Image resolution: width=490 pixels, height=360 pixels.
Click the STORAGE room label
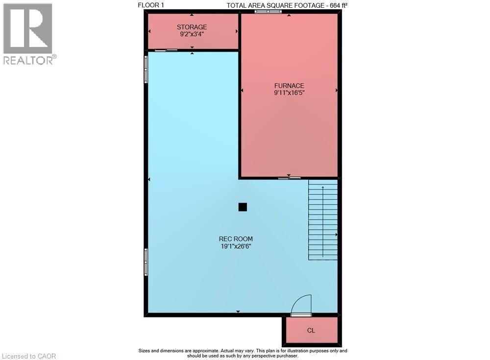coord(192,27)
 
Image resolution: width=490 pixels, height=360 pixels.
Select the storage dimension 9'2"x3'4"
coord(192,34)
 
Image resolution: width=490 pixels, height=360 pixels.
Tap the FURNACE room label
coord(289,86)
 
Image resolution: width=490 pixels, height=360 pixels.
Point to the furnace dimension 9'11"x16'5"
coord(289,93)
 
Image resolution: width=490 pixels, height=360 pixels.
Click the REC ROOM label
coord(236,239)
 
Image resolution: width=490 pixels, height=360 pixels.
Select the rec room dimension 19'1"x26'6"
coord(236,246)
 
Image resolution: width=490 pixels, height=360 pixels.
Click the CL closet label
coord(311,331)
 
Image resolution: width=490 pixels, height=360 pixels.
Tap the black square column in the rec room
coord(243,207)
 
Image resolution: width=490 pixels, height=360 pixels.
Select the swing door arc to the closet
coord(302,303)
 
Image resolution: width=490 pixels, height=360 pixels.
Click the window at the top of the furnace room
coord(268,11)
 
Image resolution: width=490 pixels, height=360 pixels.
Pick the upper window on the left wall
coord(146,70)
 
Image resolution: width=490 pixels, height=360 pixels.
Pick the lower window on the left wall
coord(146,262)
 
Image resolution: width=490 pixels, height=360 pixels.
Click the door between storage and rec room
coord(166,50)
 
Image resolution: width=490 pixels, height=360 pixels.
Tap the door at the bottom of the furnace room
coord(289,178)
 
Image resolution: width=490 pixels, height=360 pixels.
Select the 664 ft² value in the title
coord(338,5)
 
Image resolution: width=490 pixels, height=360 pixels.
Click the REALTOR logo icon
coord(27,28)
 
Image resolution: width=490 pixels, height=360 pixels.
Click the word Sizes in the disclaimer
coord(146,351)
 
